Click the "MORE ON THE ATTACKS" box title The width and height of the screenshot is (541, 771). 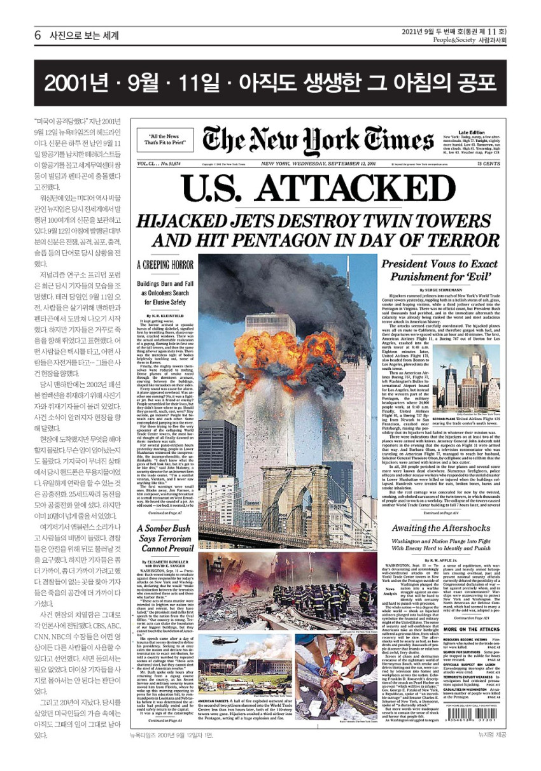coord(472,628)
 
